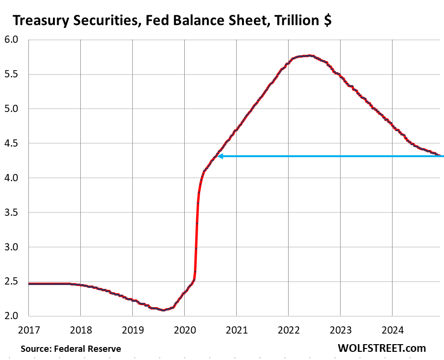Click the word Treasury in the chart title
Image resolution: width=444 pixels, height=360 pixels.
(x=40, y=21)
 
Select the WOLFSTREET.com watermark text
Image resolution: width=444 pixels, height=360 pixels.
(x=382, y=348)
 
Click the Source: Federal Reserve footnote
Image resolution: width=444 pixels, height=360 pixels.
(x=71, y=348)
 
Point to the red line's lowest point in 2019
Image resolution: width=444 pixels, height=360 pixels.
(x=163, y=310)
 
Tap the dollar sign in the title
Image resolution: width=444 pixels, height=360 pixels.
(x=326, y=21)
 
